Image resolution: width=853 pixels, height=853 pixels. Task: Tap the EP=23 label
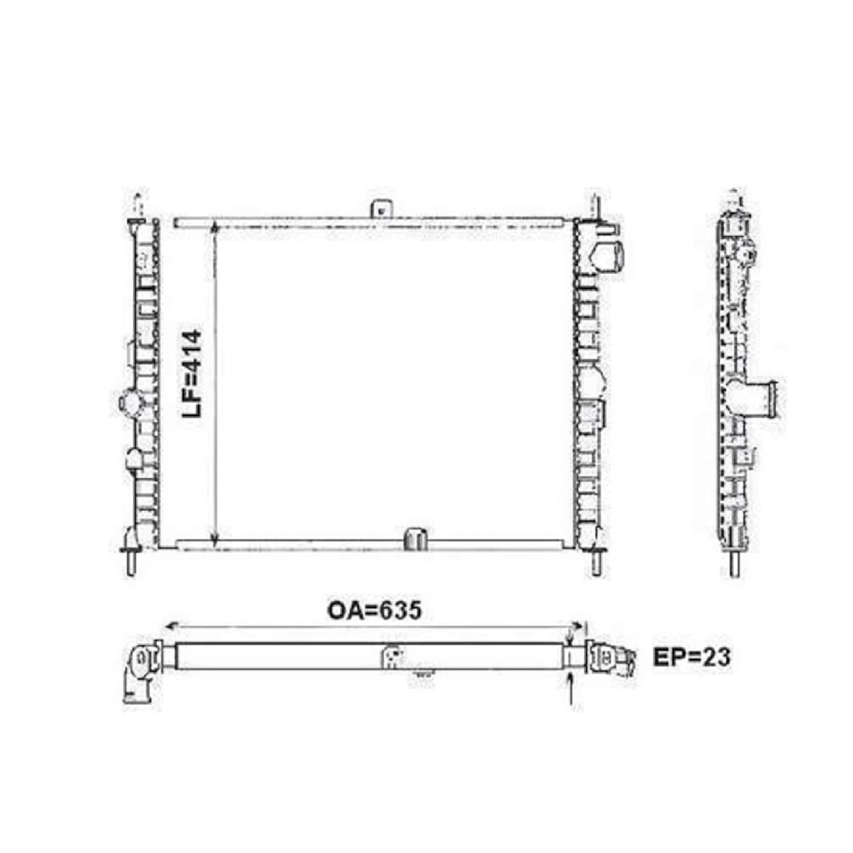(691, 658)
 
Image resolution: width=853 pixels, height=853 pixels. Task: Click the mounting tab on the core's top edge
(379, 209)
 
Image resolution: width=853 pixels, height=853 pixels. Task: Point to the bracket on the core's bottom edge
(416, 539)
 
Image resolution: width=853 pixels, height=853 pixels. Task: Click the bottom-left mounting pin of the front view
(132, 562)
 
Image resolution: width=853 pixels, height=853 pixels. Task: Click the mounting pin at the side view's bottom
(734, 564)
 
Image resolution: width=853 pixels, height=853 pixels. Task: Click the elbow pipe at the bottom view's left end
(138, 674)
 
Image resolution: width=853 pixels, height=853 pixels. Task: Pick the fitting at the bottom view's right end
(615, 659)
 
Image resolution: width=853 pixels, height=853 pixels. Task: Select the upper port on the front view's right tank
(609, 254)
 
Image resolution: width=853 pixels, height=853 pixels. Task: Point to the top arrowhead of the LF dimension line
(214, 228)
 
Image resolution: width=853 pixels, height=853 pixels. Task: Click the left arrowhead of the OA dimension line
(168, 625)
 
